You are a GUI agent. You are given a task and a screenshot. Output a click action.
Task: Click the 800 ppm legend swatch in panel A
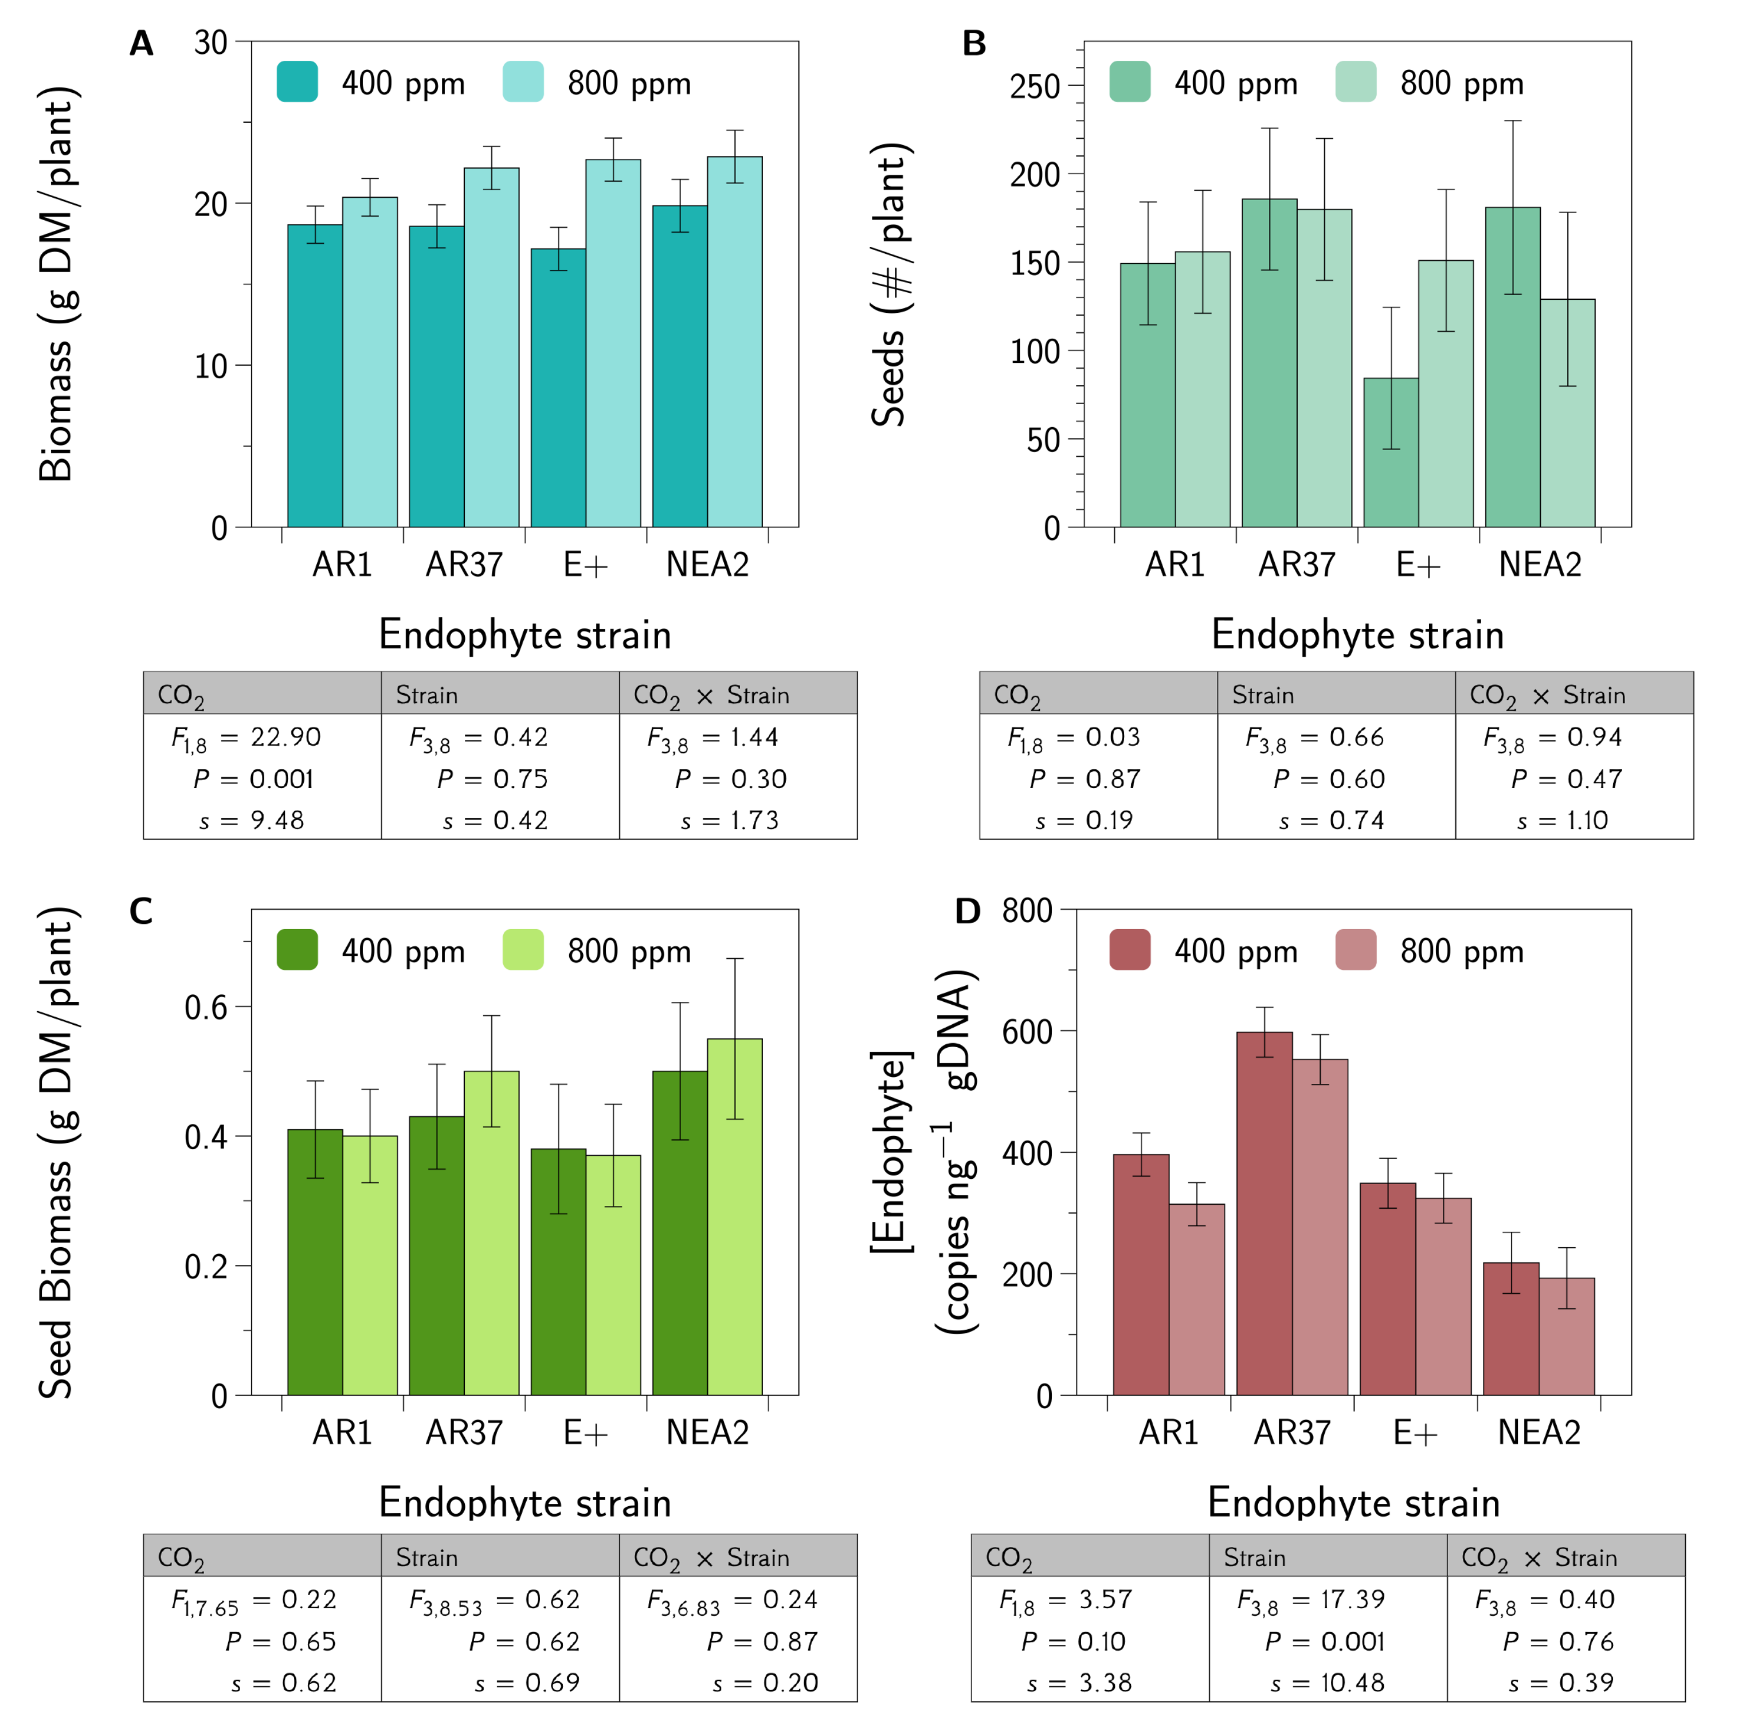coord(523,82)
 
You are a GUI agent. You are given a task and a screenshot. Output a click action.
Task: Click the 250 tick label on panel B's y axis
coord(1035,87)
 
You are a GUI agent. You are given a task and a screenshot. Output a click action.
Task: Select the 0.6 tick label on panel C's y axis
coord(206,1007)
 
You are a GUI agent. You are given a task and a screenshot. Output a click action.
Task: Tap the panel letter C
coord(141,911)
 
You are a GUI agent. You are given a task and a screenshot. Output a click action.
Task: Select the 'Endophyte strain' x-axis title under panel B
coord(1357,635)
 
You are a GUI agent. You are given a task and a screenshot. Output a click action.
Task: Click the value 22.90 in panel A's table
coord(285,738)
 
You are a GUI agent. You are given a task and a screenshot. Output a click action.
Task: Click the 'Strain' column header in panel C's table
coord(427,1558)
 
